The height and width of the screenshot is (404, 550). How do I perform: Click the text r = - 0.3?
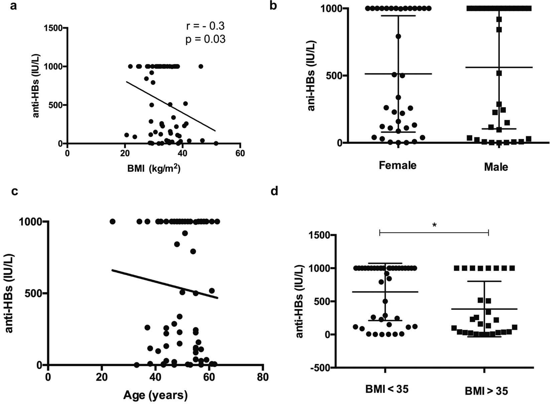click(205, 26)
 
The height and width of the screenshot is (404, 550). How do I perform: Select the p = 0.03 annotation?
click(205, 39)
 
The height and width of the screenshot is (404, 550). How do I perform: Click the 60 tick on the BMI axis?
click(240, 154)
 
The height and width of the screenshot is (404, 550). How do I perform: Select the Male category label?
click(496, 167)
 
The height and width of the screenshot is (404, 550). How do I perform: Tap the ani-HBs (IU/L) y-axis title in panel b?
click(312, 76)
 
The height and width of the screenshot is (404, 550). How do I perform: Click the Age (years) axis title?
click(155, 395)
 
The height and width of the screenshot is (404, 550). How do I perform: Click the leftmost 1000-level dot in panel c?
click(112, 221)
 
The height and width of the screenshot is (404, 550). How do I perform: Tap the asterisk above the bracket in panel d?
click(434, 225)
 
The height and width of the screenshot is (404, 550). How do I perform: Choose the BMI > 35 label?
click(487, 391)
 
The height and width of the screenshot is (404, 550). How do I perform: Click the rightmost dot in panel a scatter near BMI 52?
click(216, 143)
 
